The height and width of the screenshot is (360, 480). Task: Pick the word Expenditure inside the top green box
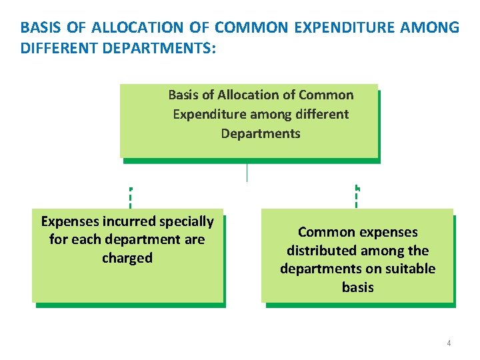coord(208,114)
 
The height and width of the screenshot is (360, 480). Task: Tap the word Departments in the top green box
coord(261,133)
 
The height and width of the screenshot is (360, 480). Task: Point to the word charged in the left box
coord(127,258)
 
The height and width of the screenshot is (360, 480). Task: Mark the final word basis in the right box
coord(358,287)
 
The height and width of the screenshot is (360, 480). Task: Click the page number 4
coord(449,343)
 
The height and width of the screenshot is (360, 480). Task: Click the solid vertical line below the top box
coord(247,172)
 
